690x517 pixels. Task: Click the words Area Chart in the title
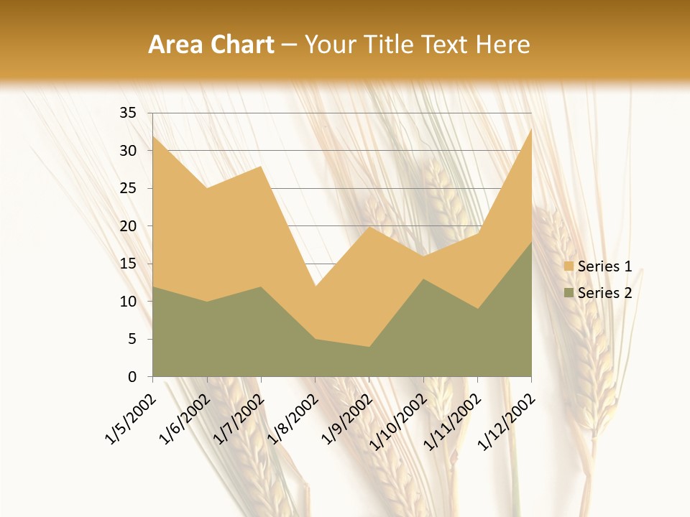click(211, 45)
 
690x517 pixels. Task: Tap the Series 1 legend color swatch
click(569, 266)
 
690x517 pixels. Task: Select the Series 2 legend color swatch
click(569, 292)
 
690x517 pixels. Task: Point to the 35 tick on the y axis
click(128, 113)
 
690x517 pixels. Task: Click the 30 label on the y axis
click(128, 151)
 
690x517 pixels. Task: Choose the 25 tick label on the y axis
click(128, 188)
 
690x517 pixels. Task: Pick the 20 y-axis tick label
click(128, 226)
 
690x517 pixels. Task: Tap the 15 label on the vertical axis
click(128, 264)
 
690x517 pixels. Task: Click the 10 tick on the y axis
click(128, 302)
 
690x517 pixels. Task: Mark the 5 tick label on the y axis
click(132, 339)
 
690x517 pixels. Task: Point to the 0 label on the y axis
click(132, 377)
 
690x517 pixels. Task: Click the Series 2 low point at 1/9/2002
click(369, 347)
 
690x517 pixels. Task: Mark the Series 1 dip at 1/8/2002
click(315, 287)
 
